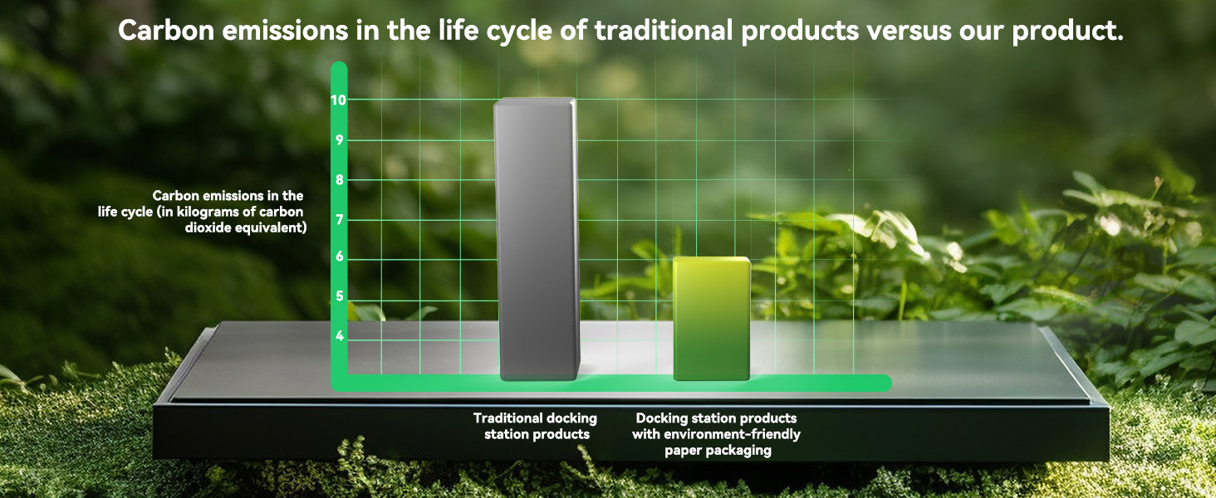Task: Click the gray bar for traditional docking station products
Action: click(537, 239)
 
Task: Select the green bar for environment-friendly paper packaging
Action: click(712, 319)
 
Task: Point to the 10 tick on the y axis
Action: click(338, 100)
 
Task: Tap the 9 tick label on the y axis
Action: click(340, 140)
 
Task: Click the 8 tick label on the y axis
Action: click(340, 180)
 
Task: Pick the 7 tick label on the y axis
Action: click(340, 220)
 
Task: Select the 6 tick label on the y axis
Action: click(340, 256)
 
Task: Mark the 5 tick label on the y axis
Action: click(340, 296)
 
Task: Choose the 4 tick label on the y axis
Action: click(340, 336)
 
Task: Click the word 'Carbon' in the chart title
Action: click(167, 31)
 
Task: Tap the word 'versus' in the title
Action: click(909, 31)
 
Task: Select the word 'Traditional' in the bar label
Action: click(507, 418)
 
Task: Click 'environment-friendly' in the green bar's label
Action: click(732, 435)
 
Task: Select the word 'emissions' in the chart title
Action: click(285, 31)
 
